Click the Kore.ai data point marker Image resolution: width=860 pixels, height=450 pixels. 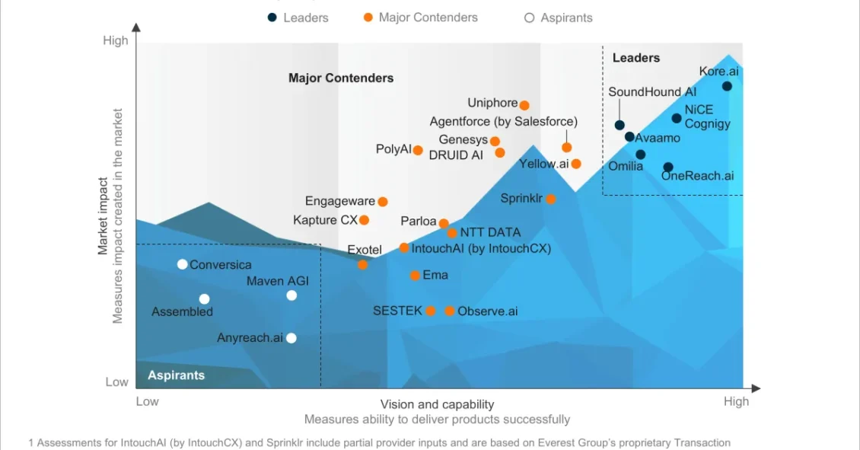(x=727, y=86)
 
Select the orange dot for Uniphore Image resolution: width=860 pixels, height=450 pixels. (x=524, y=105)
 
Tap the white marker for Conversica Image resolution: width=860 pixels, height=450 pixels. (x=183, y=264)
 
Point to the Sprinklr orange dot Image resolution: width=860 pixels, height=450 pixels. (x=551, y=199)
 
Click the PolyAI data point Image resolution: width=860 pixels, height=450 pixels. (x=418, y=150)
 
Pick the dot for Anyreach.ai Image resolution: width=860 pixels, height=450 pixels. (x=291, y=338)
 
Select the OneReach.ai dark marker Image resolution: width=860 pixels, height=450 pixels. (x=667, y=167)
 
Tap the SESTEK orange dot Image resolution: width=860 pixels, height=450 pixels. (x=431, y=311)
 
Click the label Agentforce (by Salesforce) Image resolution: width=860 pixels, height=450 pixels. (x=503, y=121)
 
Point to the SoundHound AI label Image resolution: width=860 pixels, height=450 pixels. (x=651, y=92)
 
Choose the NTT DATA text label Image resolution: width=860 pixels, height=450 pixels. (x=490, y=232)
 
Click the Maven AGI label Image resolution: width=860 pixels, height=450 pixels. (x=277, y=281)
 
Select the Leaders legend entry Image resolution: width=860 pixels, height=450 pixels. (x=298, y=18)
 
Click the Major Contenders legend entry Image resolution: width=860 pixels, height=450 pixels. (x=421, y=18)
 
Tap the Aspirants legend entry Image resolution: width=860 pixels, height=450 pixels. (x=559, y=18)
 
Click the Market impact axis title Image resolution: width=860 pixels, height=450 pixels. (x=103, y=215)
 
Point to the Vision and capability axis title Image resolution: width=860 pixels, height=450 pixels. (x=437, y=404)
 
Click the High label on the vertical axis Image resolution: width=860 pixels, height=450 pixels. (x=116, y=40)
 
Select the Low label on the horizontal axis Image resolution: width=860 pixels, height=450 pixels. (x=147, y=401)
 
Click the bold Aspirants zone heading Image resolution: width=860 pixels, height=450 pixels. (x=176, y=375)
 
